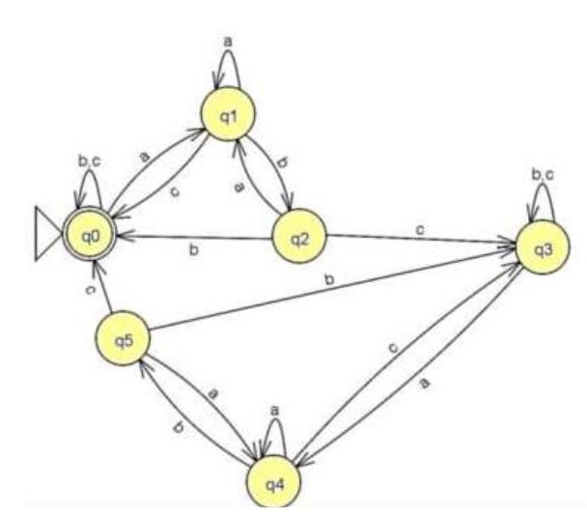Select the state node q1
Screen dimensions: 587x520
(x=229, y=114)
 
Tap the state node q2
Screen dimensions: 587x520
(x=299, y=236)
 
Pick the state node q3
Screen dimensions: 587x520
(x=544, y=247)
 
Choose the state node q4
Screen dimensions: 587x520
(x=274, y=481)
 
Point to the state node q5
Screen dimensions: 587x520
(x=123, y=338)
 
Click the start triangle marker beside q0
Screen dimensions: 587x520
(x=48, y=233)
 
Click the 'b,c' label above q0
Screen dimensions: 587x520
(x=90, y=161)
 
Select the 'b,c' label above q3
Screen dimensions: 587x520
(x=543, y=175)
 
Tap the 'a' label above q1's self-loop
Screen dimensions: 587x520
(x=228, y=42)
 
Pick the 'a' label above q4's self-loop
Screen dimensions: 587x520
(x=275, y=411)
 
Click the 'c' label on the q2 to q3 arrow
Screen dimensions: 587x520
(x=420, y=229)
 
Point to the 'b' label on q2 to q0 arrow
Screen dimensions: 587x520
(x=193, y=249)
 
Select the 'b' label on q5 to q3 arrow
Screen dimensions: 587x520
(x=329, y=279)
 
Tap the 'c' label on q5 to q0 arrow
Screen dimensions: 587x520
(x=90, y=290)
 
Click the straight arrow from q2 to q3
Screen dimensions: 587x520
(x=421, y=242)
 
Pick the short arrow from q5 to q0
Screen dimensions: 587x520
(x=103, y=286)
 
